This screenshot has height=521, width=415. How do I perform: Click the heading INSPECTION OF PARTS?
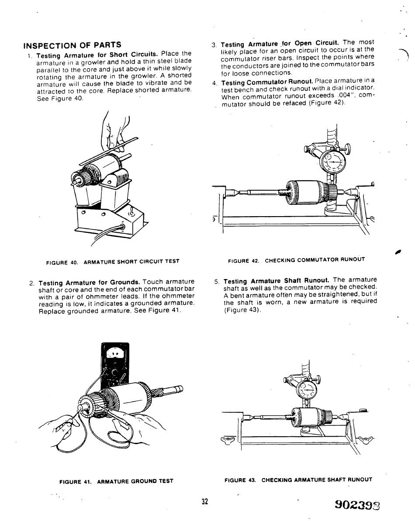[72, 45]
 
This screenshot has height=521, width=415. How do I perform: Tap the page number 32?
[204, 501]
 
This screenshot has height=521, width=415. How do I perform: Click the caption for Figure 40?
[113, 262]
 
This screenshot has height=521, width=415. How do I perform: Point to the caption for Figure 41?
[116, 481]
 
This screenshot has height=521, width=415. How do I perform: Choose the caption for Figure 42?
[296, 259]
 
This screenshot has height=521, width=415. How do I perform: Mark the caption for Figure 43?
[298, 480]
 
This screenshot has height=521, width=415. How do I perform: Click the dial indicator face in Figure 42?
[332, 163]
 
